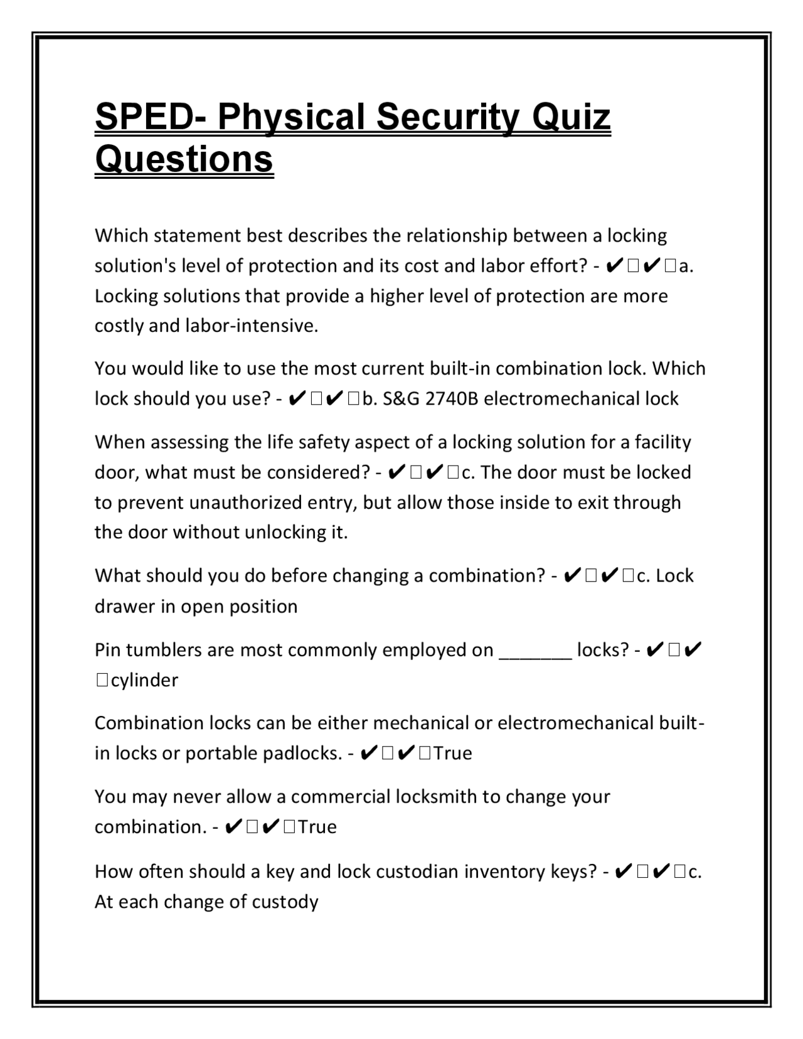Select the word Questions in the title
[184, 159]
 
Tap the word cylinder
[144, 680]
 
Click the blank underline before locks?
[535, 651]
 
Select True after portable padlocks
[452, 754]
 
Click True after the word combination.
[317, 827]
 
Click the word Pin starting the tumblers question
[107, 650]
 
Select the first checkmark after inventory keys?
[624, 871]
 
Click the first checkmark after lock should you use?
[299, 399]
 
